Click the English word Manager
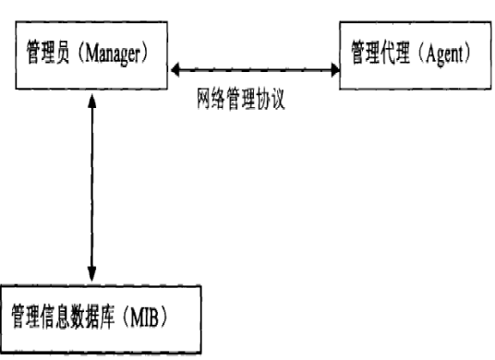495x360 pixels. [116, 53]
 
